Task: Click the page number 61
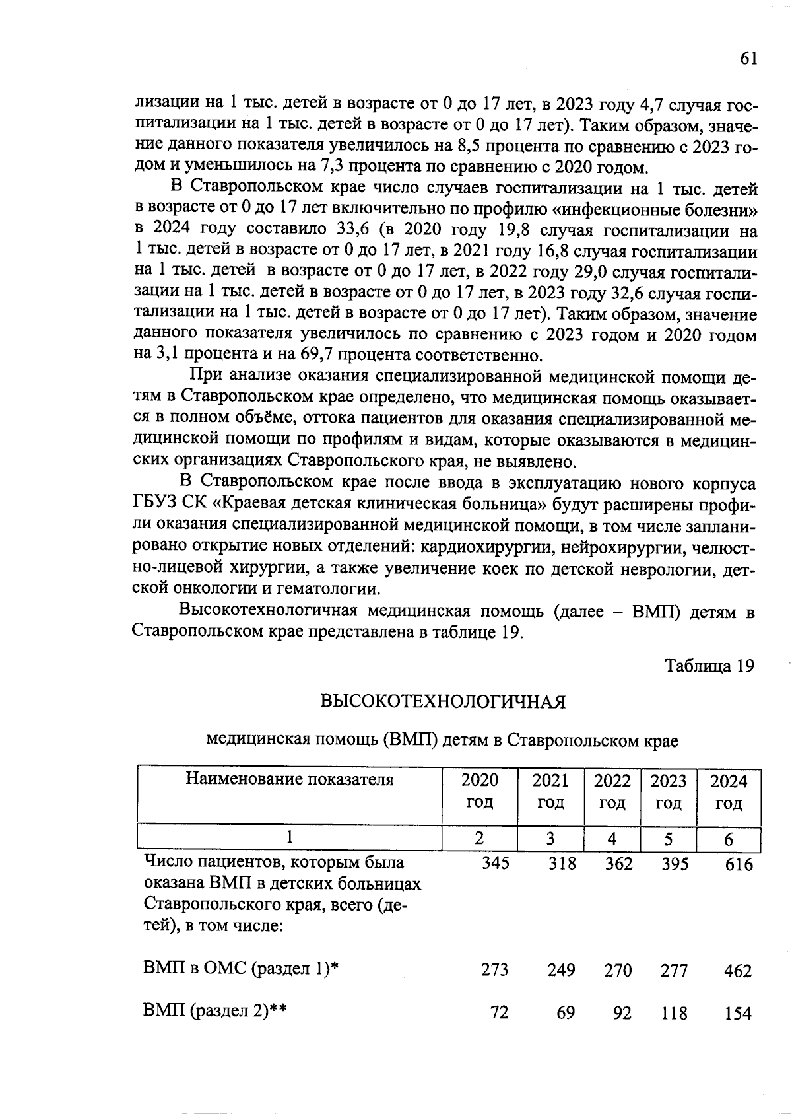(x=747, y=59)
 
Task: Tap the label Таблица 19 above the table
(x=709, y=666)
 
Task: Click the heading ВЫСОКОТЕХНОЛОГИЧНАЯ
(x=443, y=701)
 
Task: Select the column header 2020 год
(x=480, y=792)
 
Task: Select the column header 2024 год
(x=728, y=792)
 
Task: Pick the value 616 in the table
(x=738, y=864)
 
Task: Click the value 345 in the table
(x=495, y=863)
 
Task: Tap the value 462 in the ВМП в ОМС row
(x=737, y=971)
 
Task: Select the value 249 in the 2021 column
(x=561, y=971)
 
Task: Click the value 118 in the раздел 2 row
(x=674, y=1013)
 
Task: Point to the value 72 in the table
(x=500, y=1012)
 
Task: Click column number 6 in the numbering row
(x=728, y=839)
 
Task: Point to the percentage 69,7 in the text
(x=319, y=355)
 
